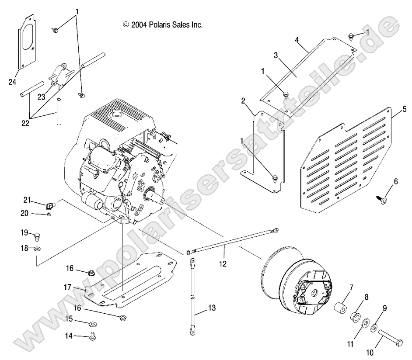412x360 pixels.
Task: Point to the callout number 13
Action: coord(212,308)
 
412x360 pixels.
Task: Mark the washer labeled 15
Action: coord(93,324)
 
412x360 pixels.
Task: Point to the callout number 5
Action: coord(405,108)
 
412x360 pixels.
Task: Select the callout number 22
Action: coord(25,124)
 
